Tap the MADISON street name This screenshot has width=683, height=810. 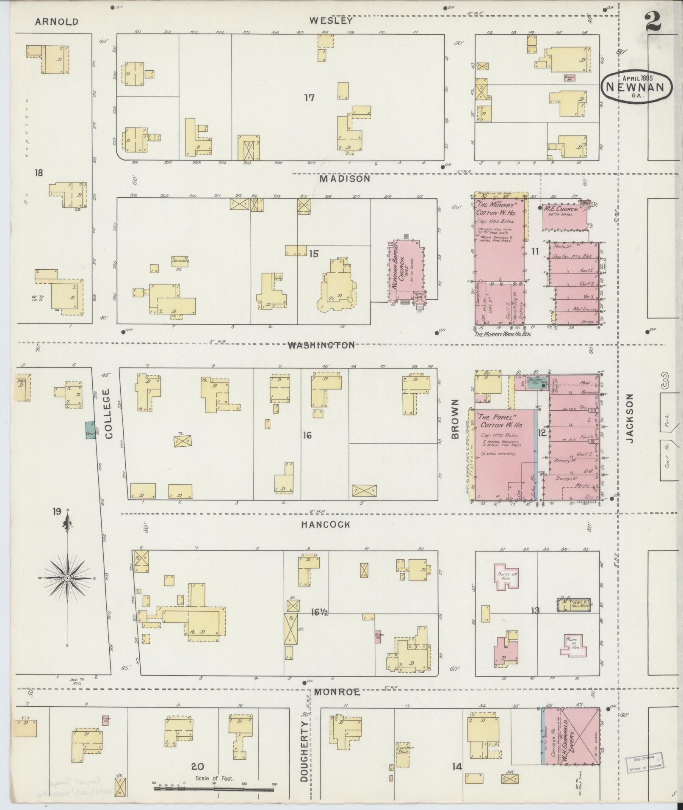[345, 179]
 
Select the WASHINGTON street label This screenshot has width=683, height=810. [321, 345]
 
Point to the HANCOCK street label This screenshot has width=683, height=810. [326, 525]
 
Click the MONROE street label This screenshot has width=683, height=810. [337, 692]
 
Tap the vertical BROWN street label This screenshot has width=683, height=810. [455, 419]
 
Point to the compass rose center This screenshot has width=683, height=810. [67, 578]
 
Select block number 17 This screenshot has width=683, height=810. [309, 98]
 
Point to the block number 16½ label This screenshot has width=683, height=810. [317, 611]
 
